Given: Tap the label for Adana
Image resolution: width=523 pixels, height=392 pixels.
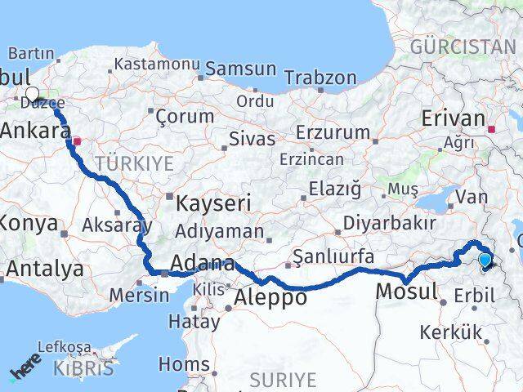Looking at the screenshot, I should [203, 265].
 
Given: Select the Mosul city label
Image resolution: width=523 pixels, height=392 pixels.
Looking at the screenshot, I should [407, 292].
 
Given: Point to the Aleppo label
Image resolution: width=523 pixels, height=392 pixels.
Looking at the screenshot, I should [270, 298].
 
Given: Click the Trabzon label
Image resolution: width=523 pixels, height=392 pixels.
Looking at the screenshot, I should [320, 78].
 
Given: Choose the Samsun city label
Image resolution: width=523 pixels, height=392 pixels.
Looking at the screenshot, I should [240, 69].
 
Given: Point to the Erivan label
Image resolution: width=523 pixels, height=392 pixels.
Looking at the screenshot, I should [454, 119].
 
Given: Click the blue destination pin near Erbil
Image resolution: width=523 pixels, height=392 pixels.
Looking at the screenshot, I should [485, 261].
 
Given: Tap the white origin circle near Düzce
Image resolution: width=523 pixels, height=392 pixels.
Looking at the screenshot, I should [33, 94].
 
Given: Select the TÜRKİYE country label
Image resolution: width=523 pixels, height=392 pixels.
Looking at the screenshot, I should [134, 163].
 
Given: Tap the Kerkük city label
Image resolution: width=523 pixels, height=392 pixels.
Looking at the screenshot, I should [450, 332].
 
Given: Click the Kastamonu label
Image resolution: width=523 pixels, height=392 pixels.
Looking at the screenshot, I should [157, 64].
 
